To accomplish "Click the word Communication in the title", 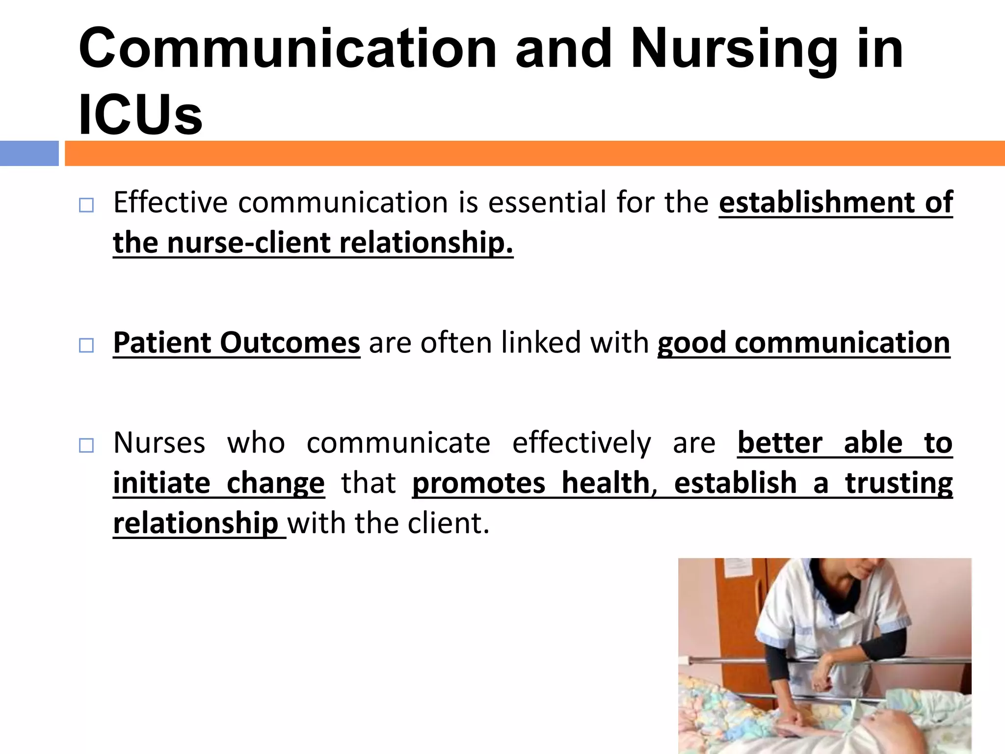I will point(288,49).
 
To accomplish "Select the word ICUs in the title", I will point(140,115).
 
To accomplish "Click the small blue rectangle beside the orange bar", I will point(29,153).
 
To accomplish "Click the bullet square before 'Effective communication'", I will point(86,205).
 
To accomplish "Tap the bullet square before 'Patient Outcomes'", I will point(86,346).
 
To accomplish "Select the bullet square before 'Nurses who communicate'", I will point(86,446).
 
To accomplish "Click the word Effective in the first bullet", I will point(170,202).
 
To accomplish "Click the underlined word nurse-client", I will point(249,242).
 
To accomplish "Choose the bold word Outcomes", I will point(290,343).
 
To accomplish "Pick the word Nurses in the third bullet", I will point(159,443).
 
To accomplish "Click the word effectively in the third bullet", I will point(582,443).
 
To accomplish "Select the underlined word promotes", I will point(478,483).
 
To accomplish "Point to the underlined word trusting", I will point(899,483).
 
